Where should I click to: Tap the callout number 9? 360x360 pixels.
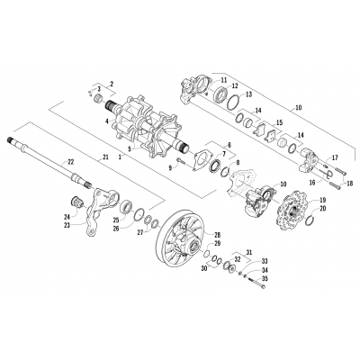pos(167,167)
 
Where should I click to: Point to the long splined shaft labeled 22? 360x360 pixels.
pos(45,154)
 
